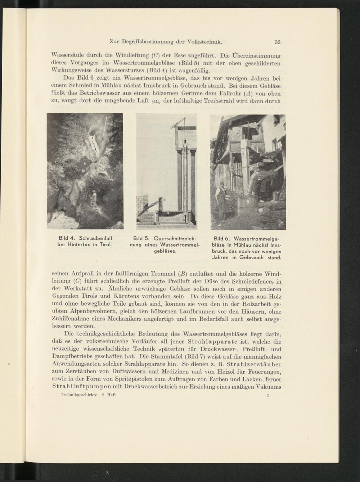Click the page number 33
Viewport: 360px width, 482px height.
tap(278, 42)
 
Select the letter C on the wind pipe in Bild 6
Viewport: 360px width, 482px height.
tap(258, 177)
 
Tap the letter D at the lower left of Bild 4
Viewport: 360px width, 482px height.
tap(65, 208)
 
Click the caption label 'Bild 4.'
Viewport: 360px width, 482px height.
tap(67, 238)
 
